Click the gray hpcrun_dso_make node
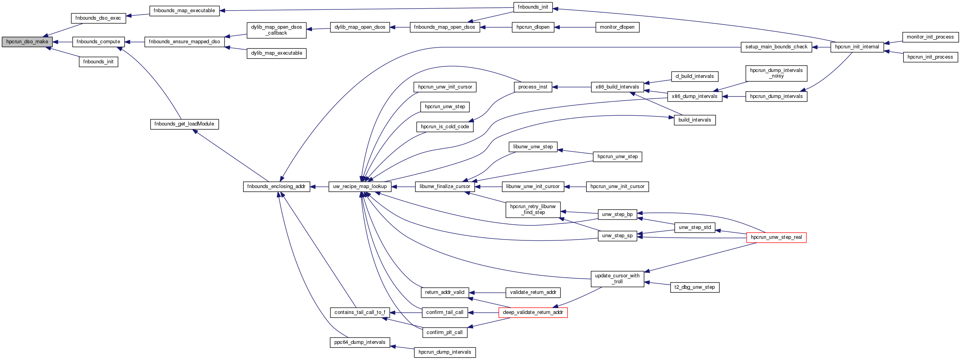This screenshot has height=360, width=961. click(27, 42)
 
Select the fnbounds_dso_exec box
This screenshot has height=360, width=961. click(98, 18)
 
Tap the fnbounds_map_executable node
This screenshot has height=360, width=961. click(184, 11)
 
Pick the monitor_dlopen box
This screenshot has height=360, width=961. click(617, 27)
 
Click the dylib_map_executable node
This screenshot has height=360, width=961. click(277, 53)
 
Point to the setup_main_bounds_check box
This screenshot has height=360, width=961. click(776, 47)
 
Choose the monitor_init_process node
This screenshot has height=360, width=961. click(930, 37)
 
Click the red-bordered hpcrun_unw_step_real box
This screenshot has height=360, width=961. click(776, 237)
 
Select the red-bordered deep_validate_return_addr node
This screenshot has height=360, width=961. click(533, 312)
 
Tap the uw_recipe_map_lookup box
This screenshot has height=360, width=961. click(360, 186)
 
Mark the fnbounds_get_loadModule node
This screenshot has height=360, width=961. click(184, 124)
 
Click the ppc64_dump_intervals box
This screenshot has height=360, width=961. click(360, 342)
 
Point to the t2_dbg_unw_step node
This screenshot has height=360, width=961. click(694, 287)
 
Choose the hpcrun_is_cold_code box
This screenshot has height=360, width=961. click(445, 127)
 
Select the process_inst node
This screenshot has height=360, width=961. click(533, 87)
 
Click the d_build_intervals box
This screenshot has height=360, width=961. click(694, 76)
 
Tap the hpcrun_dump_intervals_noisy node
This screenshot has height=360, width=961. click(776, 73)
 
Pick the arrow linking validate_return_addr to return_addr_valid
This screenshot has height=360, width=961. click(487, 293)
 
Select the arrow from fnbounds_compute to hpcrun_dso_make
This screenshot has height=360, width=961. click(63, 42)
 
